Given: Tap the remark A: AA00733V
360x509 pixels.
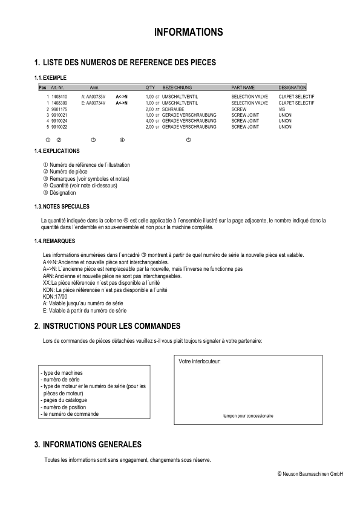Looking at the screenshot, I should point(93,96).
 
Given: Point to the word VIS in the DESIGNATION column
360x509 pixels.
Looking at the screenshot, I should point(282,109).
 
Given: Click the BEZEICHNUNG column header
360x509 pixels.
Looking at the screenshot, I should point(177,88).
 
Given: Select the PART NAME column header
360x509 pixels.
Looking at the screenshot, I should point(243,88).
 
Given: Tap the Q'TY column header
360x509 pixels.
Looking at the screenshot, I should point(151,88).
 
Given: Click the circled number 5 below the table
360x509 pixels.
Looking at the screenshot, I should point(188,140).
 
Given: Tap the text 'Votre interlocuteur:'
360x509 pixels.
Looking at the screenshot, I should point(200,361).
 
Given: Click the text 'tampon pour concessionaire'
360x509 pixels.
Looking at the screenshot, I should point(248,416).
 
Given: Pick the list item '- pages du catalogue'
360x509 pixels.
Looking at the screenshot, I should point(64,400).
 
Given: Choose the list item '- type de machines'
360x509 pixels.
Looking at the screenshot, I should point(61,373).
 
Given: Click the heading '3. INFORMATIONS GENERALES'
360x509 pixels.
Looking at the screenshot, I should point(88,444).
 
